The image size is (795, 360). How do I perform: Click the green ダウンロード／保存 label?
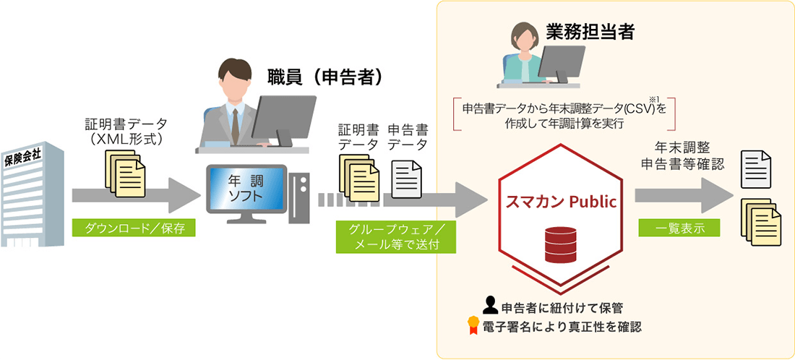click(x=135, y=229)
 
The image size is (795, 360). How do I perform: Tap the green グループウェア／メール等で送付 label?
click(x=395, y=236)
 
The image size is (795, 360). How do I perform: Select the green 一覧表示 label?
click(x=679, y=228)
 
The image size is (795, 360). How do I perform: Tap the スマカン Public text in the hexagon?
click(x=561, y=202)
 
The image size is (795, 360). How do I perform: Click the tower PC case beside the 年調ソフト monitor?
click(x=298, y=194)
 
